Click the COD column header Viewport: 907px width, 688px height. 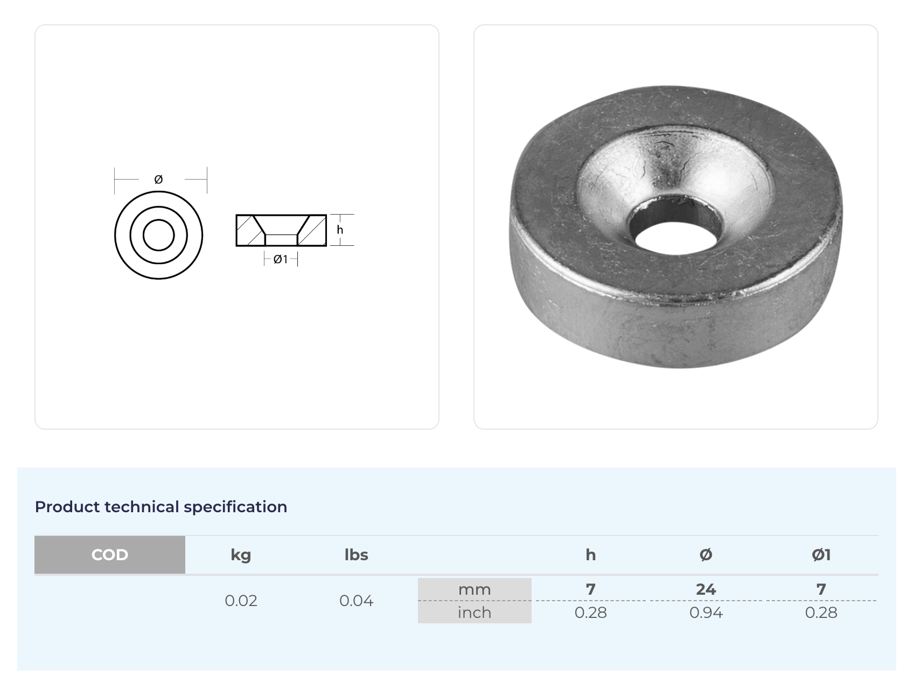tap(110, 555)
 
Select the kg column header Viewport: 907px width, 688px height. tap(241, 555)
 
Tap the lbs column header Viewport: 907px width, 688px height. tap(356, 555)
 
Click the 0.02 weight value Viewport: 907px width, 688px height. tap(241, 601)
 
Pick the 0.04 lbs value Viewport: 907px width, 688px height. tap(356, 601)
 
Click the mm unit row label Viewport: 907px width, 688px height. tap(475, 590)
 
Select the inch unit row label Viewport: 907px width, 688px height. tap(475, 613)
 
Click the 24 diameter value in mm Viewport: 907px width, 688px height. tap(706, 589)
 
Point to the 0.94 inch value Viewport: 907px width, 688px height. tap(706, 613)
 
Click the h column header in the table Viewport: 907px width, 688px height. tap(591, 555)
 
